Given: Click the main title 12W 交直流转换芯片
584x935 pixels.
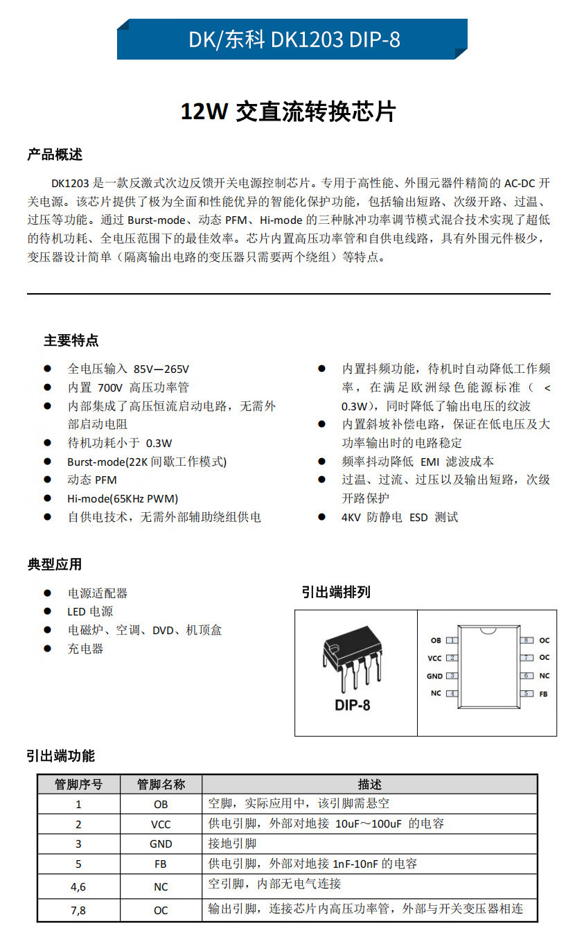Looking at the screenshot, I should pyautogui.click(x=287, y=112).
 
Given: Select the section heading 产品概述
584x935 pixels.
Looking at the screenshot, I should pyautogui.click(x=55, y=155).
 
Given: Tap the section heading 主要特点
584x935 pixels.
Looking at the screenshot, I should pyautogui.click(x=71, y=340).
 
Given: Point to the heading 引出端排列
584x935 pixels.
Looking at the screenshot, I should pyautogui.click(x=336, y=592).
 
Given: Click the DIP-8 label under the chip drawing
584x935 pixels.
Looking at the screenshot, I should pyautogui.click(x=352, y=705).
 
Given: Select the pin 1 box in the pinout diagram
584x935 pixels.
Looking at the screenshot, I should pyautogui.click(x=452, y=640).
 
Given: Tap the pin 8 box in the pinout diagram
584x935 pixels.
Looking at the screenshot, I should pyautogui.click(x=527, y=640).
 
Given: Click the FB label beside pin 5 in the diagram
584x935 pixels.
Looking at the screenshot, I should pyautogui.click(x=543, y=693).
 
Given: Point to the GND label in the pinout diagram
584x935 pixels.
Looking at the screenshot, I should pyautogui.click(x=434, y=676).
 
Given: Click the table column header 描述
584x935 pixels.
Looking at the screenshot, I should pyautogui.click(x=370, y=785).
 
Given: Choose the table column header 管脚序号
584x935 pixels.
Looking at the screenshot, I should pyautogui.click(x=78, y=785).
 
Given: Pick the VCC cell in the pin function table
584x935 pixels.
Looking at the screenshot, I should pyautogui.click(x=161, y=824).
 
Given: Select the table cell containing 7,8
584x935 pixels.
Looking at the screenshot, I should pyautogui.click(x=78, y=910).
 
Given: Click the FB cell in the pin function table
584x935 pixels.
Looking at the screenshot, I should pyautogui.click(x=161, y=864).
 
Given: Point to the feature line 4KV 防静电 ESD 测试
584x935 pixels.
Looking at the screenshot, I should pyautogui.click(x=400, y=517).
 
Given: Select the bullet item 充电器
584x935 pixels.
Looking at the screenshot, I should pyautogui.click(x=85, y=649).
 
